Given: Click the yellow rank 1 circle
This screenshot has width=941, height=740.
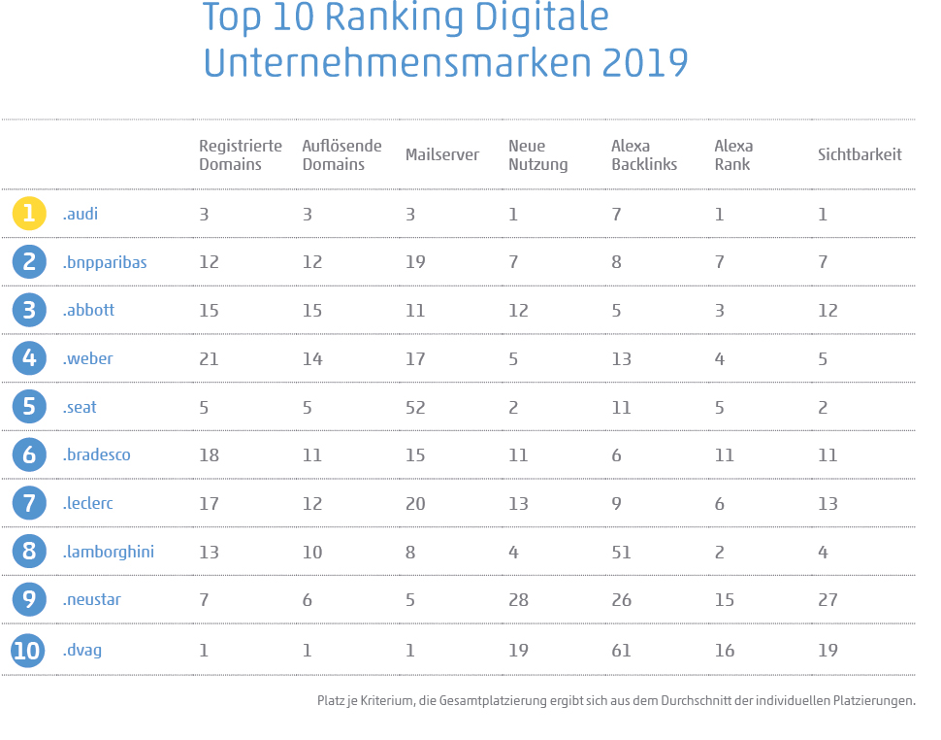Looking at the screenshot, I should pyautogui.click(x=29, y=214).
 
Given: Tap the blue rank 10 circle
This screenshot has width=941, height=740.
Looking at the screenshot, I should pyautogui.click(x=29, y=650).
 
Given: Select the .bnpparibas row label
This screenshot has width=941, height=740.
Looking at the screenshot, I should pyautogui.click(x=104, y=262).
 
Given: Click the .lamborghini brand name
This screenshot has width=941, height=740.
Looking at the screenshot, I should pyautogui.click(x=108, y=552).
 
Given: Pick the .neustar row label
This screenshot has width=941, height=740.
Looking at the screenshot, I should pyautogui.click(x=91, y=600).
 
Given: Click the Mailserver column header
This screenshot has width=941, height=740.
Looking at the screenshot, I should pyautogui.click(x=441, y=155).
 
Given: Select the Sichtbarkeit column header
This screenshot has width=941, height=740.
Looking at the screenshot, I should pyautogui.click(x=860, y=155).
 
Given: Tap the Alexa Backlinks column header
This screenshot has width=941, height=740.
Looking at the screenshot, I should pyautogui.click(x=644, y=155).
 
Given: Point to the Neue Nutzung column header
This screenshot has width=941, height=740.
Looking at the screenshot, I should pyautogui.click(x=537, y=155).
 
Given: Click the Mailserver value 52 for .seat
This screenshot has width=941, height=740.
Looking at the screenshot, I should pyautogui.click(x=415, y=408).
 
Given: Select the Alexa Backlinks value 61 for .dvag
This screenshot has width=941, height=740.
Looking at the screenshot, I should pyautogui.click(x=621, y=651).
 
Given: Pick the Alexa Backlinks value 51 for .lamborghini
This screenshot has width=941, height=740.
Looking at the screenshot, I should pyautogui.click(x=621, y=553).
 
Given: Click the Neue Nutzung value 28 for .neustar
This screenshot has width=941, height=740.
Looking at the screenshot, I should pyautogui.click(x=518, y=600).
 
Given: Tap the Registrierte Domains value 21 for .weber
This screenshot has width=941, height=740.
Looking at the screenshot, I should pyautogui.click(x=209, y=359).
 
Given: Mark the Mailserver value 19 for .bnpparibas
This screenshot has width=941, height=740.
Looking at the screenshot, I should pyautogui.click(x=415, y=262).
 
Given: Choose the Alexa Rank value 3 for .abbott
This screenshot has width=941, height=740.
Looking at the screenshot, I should pyautogui.click(x=719, y=311).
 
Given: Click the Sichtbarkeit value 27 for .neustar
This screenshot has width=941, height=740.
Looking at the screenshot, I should pyautogui.click(x=827, y=600).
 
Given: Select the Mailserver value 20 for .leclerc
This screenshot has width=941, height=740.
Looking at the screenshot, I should pyautogui.click(x=415, y=504).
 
